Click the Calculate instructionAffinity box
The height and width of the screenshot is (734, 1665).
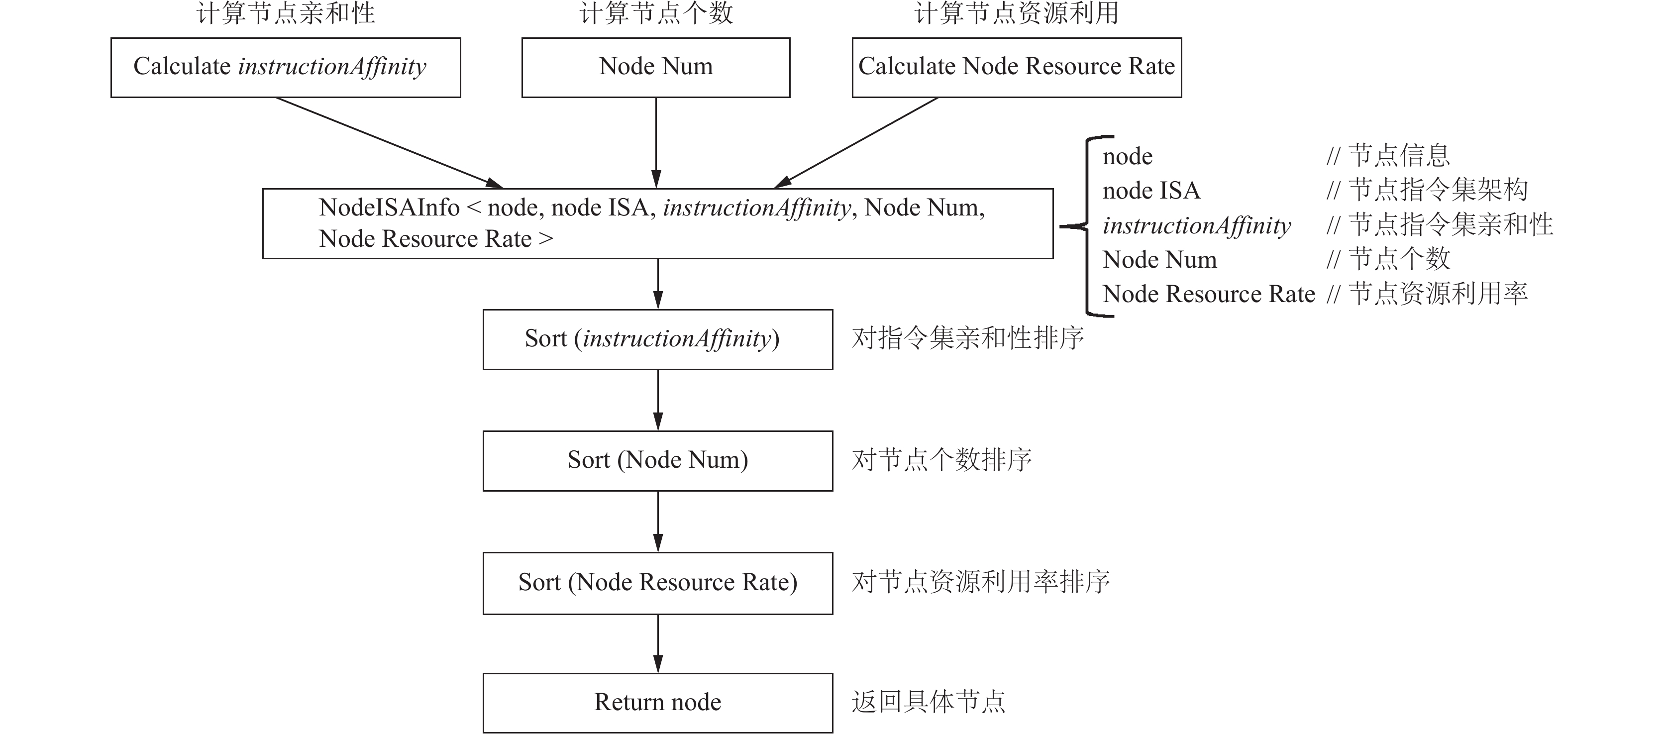[286, 68]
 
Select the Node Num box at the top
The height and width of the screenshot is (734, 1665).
[656, 68]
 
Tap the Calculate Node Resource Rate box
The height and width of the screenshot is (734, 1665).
[1017, 68]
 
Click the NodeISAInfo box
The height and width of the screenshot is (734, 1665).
[658, 223]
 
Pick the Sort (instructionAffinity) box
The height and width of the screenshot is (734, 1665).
[658, 340]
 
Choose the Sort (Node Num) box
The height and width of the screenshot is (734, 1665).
[658, 461]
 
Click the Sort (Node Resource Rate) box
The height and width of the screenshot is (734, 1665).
[658, 583]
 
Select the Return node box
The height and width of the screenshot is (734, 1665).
[658, 703]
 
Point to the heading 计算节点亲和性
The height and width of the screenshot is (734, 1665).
[286, 13]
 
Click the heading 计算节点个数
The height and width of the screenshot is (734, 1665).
[656, 13]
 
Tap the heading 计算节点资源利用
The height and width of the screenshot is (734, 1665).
[1017, 13]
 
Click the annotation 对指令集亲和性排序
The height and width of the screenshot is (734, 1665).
[967, 338]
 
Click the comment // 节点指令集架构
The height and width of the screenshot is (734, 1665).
[1427, 190]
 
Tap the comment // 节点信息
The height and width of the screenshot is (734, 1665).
[1388, 155]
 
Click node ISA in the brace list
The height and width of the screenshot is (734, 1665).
[1151, 191]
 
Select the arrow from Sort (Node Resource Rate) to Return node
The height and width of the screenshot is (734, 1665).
[658, 643]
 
